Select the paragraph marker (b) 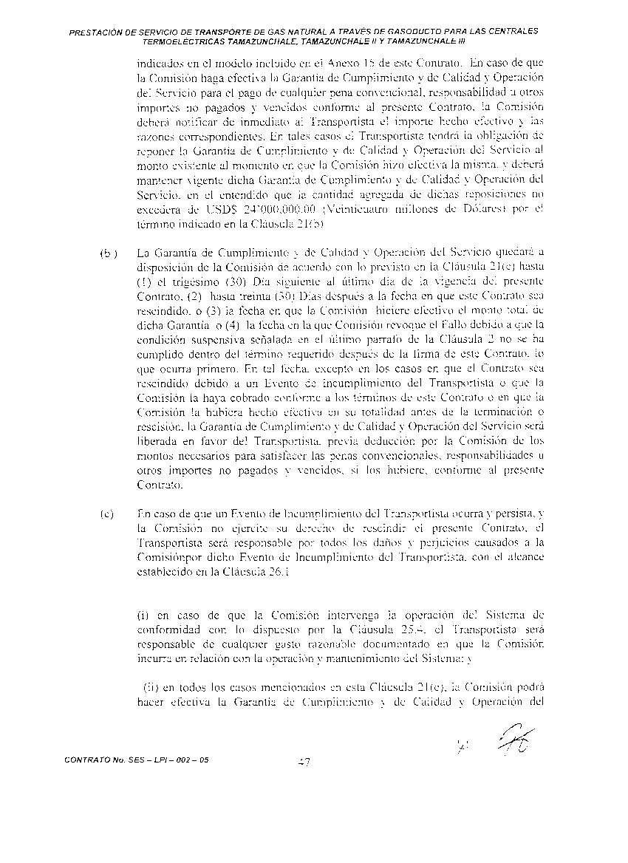point(108,253)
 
